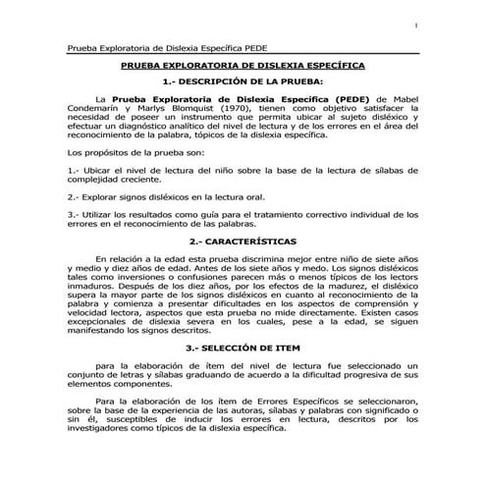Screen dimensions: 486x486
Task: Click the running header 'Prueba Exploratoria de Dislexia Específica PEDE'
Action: click(168, 48)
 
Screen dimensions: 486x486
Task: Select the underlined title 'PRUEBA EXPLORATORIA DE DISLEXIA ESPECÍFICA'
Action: click(242, 65)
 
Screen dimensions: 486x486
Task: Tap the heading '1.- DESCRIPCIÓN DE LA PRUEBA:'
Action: click(242, 81)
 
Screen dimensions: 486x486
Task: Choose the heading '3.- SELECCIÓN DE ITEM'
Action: click(242, 349)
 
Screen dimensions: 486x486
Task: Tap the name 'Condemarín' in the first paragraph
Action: click(97, 110)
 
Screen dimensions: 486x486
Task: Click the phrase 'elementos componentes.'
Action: click(117, 385)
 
